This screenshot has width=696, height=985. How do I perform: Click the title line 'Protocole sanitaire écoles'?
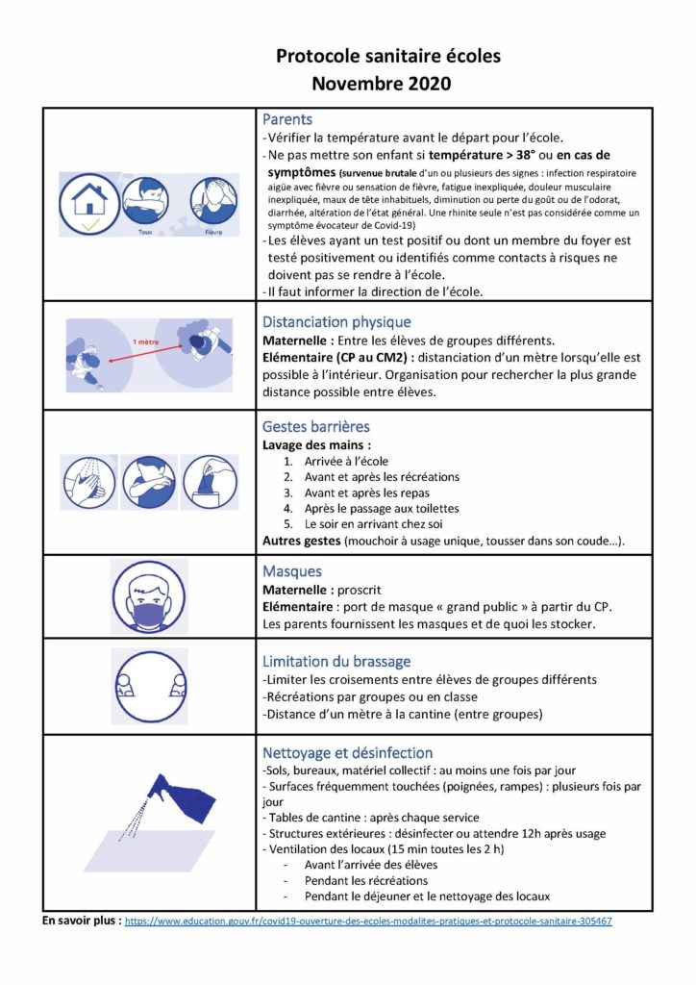[x=388, y=57]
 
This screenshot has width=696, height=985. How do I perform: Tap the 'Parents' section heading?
[x=287, y=120]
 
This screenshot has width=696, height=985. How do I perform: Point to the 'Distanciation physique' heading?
[x=336, y=322]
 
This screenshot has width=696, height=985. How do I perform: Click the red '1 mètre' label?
[x=146, y=341]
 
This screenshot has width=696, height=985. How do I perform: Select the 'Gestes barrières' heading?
[x=315, y=426]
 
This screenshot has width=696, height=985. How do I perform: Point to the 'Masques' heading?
[x=292, y=571]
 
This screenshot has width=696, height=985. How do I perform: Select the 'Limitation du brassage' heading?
[x=336, y=662]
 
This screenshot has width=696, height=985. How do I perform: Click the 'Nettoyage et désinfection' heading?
[x=348, y=753]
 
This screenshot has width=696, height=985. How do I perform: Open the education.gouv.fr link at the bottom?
[x=368, y=921]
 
